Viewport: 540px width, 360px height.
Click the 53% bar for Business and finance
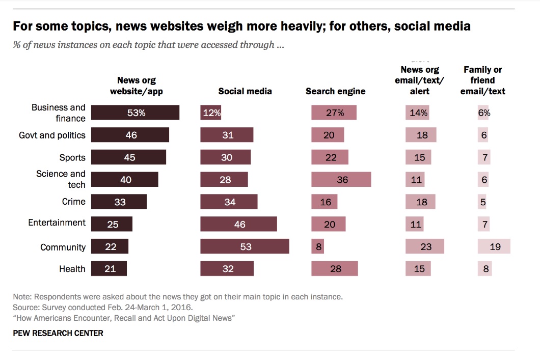click(x=135, y=113)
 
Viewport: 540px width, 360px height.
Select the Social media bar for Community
click(x=245, y=246)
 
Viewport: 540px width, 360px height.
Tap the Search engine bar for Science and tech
click(x=341, y=180)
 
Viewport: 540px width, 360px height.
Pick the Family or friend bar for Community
click(x=494, y=246)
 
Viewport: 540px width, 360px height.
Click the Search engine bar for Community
click(x=317, y=246)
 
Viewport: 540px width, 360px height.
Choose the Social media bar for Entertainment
click(x=238, y=224)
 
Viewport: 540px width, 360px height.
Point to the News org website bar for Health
click(x=109, y=268)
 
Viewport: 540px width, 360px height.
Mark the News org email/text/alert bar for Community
click(x=425, y=246)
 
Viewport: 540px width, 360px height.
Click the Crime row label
click(x=73, y=202)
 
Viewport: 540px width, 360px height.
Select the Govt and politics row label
click(x=52, y=135)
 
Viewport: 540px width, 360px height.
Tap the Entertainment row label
click(x=57, y=223)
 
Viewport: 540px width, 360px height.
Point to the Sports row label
click(x=72, y=157)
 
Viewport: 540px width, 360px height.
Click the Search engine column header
click(x=335, y=92)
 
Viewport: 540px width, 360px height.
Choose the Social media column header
click(x=245, y=92)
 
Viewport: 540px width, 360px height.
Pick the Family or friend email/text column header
click(x=482, y=80)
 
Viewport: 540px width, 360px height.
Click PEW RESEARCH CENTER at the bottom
click(x=58, y=334)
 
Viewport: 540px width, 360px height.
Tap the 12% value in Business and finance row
click(x=211, y=113)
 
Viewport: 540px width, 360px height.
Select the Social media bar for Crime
click(x=229, y=202)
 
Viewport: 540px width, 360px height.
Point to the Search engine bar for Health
click(x=334, y=268)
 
